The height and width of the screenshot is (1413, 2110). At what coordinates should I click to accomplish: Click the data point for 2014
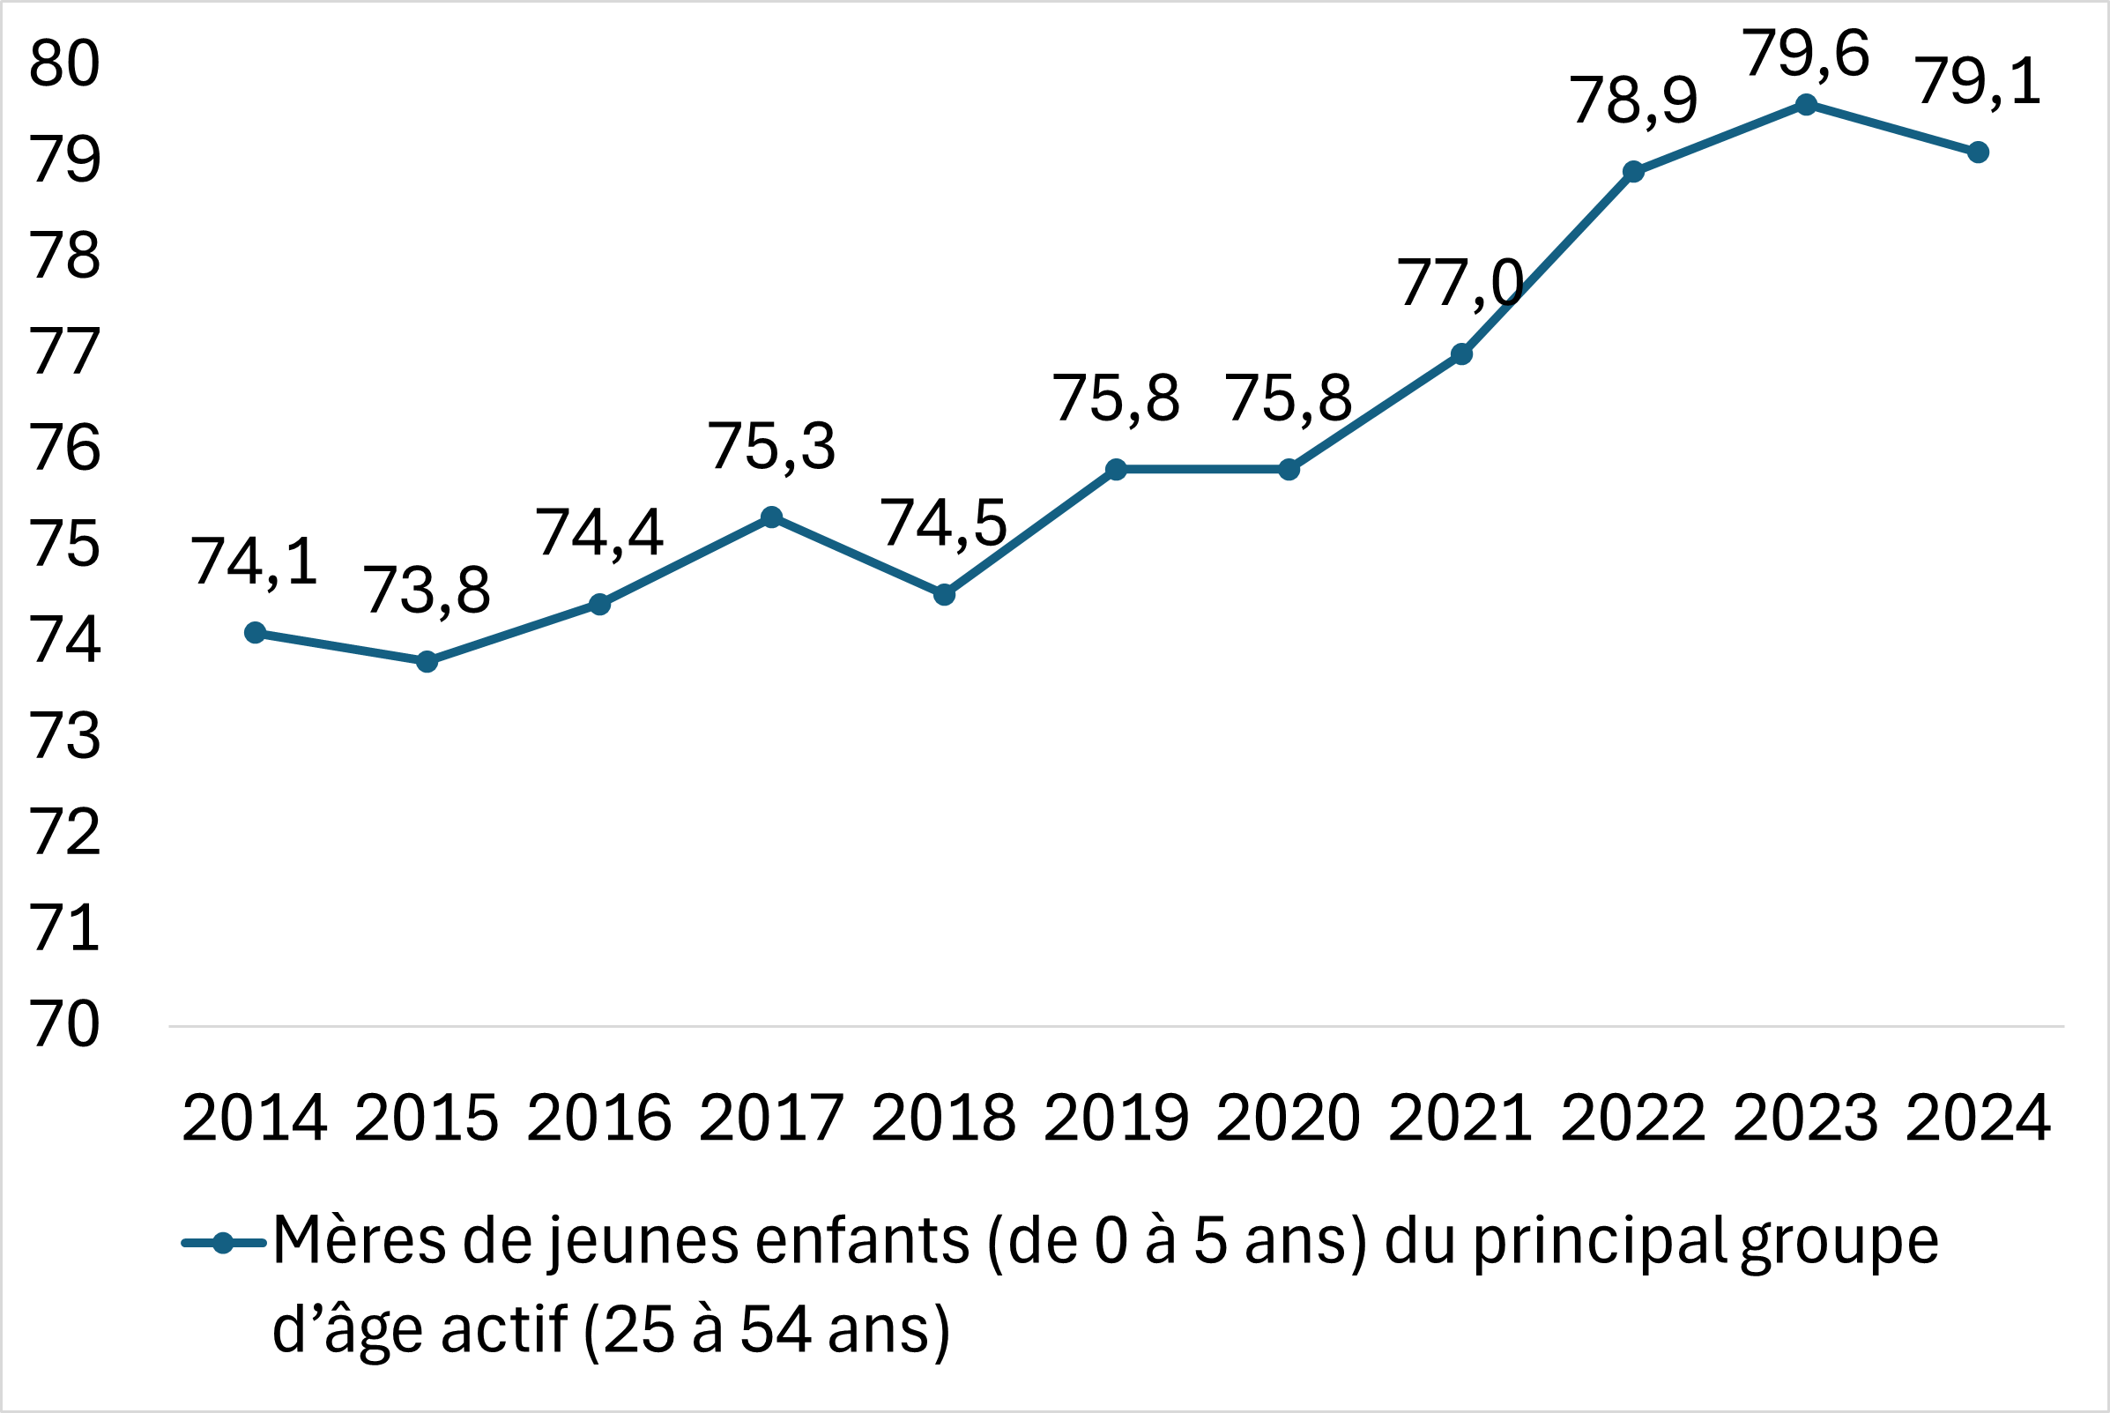[255, 633]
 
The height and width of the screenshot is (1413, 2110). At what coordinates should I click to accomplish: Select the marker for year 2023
[1805, 105]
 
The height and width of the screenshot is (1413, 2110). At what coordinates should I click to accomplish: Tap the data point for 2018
[943, 595]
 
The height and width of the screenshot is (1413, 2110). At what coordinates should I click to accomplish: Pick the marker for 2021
[1461, 354]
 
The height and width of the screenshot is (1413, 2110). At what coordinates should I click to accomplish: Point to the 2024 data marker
[1978, 152]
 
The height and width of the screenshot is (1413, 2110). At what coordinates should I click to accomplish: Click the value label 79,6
[1805, 54]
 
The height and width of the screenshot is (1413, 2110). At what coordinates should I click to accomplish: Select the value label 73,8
[427, 591]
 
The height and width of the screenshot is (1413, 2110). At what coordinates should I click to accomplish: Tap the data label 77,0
[1460, 284]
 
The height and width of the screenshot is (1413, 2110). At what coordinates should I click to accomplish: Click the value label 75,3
[771, 447]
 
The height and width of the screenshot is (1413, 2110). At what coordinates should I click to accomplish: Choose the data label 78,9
[1633, 100]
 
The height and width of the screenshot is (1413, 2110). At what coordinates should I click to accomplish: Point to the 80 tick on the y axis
[64, 64]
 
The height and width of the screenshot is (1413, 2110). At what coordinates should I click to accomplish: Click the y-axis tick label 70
[64, 1024]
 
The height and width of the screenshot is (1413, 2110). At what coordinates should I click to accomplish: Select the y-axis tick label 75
[64, 544]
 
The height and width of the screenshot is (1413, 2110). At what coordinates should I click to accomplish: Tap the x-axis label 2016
[599, 1119]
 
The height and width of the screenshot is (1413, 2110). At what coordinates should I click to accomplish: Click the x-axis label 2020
[1289, 1119]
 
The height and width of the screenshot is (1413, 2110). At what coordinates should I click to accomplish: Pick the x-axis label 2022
[1633, 1119]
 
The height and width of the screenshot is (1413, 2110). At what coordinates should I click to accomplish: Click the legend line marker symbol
[224, 1244]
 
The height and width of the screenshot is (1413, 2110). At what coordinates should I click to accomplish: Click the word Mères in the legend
[359, 1242]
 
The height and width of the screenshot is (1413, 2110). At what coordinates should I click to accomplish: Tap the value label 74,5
[943, 524]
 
